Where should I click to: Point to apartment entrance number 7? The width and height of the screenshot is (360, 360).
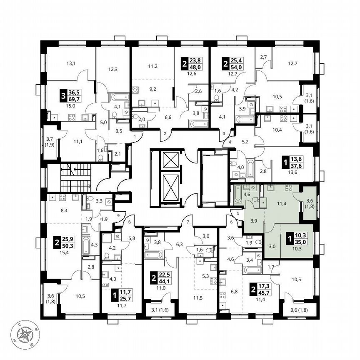click(x=188, y=221)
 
